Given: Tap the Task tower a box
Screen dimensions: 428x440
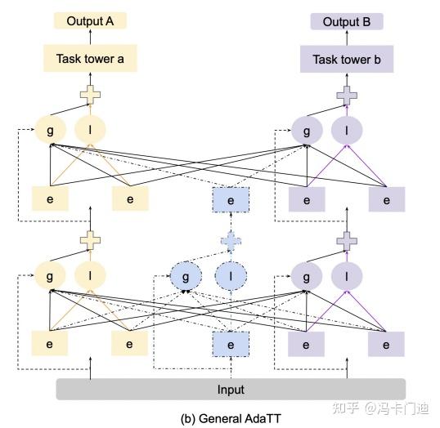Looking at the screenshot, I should tap(91, 59).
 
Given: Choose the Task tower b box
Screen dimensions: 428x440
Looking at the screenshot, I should tap(346, 60).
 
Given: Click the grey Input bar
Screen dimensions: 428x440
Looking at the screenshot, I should tap(231, 390).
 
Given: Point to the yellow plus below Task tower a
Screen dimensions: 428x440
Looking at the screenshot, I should tap(89, 95).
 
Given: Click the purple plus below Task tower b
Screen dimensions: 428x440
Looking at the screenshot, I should tap(347, 95).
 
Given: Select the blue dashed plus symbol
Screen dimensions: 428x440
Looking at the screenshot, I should tap(231, 239).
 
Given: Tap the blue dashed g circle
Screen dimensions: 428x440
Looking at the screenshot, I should tap(186, 276).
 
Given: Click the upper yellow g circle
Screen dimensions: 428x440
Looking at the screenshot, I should tap(51, 131).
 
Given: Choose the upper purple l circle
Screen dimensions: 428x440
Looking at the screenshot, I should tap(347, 131).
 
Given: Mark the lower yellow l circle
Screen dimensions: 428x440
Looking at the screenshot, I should tap(90, 276).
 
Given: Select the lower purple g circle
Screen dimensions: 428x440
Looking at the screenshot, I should tap(308, 276).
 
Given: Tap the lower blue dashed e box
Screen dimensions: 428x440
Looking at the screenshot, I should tap(231, 345).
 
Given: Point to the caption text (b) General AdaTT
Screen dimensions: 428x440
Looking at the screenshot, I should tap(231, 417).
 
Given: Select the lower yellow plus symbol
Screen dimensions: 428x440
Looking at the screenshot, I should tap(89, 239).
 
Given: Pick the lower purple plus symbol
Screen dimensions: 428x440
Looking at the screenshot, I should tap(347, 239).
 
